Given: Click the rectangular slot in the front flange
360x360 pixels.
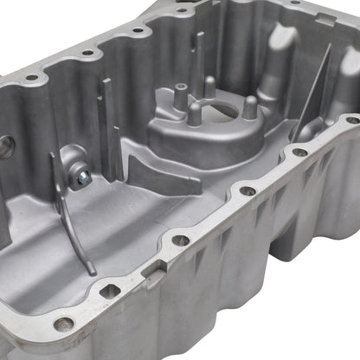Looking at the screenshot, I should (x=109, y=292).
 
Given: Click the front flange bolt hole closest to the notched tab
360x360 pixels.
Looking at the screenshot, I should (x=180, y=241).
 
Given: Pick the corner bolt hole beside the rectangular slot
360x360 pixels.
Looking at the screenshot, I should (x=62, y=325).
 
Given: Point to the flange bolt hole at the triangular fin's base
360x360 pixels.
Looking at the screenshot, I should (x=299, y=152).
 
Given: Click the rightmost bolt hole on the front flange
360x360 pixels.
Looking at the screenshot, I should (x=352, y=119).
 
